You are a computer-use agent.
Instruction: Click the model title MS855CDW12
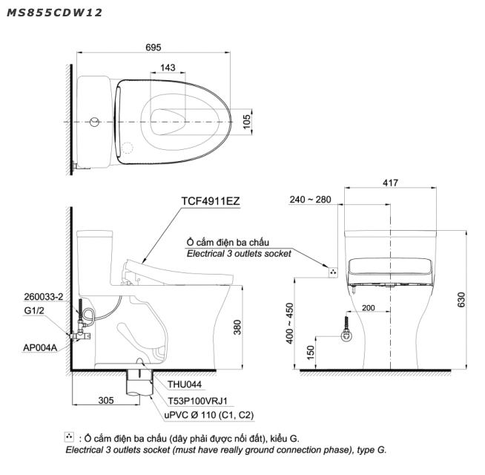(x=54, y=13)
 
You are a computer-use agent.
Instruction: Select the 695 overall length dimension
(x=154, y=47)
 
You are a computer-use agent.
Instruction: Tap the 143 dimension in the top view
(x=168, y=68)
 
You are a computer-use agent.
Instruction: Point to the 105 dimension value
(x=246, y=122)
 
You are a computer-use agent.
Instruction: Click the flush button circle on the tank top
(x=95, y=122)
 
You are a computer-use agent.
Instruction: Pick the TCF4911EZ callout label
(x=211, y=201)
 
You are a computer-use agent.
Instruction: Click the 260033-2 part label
(x=44, y=297)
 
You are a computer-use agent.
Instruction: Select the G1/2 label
(x=34, y=310)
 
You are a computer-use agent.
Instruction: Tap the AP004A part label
(x=40, y=348)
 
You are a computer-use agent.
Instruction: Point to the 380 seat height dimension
(x=237, y=327)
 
